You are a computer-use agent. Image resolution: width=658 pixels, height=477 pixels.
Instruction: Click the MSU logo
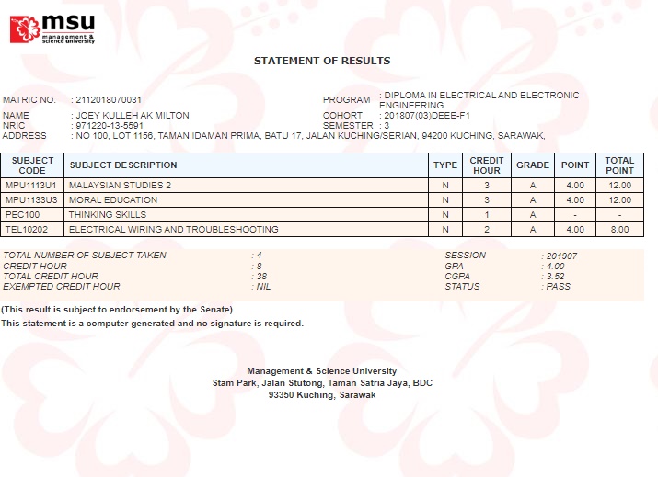52,28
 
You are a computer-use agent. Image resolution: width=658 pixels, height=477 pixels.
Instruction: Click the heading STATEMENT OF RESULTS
322,61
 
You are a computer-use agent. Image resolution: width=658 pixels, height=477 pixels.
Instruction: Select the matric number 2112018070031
109,99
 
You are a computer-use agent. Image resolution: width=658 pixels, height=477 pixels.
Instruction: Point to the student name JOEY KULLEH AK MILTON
132,116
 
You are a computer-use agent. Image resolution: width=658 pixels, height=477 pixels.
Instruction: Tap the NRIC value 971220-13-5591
109,126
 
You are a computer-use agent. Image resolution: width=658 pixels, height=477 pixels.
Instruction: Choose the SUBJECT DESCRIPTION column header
123,165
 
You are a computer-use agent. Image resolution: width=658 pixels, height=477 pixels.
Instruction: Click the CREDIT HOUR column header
487,165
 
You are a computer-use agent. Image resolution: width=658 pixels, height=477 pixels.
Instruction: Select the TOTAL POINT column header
619,165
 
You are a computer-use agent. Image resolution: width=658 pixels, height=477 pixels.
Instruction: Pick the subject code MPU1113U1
31,186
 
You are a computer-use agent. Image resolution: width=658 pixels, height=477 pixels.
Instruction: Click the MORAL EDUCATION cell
113,200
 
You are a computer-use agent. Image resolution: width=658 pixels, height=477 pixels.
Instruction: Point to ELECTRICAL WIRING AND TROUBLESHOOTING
173,230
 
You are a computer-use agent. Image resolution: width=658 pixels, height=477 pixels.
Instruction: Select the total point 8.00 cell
619,230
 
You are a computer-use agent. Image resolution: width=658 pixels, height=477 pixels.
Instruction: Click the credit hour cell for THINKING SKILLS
487,215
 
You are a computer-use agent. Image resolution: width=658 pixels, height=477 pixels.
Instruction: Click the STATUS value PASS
558,286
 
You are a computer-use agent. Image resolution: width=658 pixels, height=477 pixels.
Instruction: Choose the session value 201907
561,256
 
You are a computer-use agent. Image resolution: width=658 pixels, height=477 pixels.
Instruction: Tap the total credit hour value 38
262,276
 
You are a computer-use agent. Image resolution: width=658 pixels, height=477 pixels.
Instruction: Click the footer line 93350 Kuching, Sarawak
322,394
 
